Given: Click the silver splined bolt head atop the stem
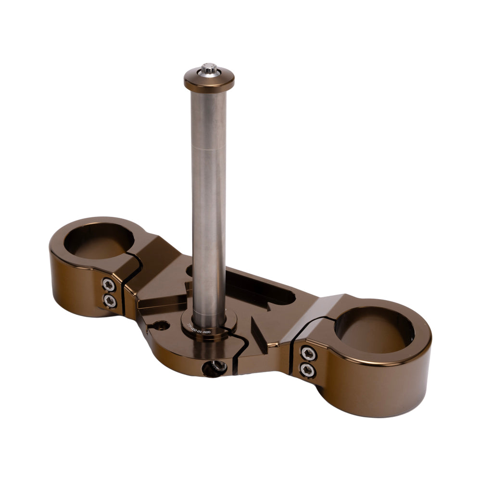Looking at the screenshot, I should (209, 69).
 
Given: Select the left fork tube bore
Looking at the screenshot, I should (99, 240).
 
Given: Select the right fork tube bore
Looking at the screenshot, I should (374, 329).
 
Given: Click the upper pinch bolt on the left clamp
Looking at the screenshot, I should (109, 285).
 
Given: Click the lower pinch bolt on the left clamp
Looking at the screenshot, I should (110, 302).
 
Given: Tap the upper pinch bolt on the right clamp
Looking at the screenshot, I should (308, 354).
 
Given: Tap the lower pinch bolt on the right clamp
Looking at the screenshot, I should (308, 370).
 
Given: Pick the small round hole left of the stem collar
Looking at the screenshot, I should (161, 326).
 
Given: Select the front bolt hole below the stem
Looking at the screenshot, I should (215, 368).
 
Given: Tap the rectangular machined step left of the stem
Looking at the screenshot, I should (161, 303).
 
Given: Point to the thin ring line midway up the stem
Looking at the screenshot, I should (209, 150).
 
